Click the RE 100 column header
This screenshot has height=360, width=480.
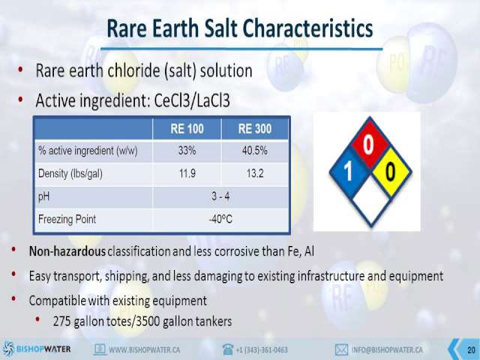[x=187, y=128]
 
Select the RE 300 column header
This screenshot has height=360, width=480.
[x=255, y=128]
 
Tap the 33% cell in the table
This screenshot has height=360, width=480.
[x=187, y=151]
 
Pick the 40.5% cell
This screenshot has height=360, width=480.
[x=255, y=151]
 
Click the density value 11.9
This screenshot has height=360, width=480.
[x=187, y=173]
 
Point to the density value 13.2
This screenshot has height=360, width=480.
[x=255, y=173]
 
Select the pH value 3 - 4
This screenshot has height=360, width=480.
[x=220, y=196]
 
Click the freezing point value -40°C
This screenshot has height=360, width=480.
[x=220, y=219]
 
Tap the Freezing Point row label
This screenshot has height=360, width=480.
[x=67, y=219]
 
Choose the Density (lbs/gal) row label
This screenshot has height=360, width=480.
[x=70, y=174]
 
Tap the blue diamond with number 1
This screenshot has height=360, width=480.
[x=348, y=172]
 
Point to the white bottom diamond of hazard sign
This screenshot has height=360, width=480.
[x=370, y=201]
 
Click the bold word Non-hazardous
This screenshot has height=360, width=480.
[x=67, y=251]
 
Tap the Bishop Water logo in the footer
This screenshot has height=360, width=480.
[x=37, y=349]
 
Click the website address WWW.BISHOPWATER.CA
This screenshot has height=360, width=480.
[x=144, y=349]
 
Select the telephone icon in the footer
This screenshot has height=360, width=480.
[x=228, y=349]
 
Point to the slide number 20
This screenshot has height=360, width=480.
[x=471, y=349]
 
